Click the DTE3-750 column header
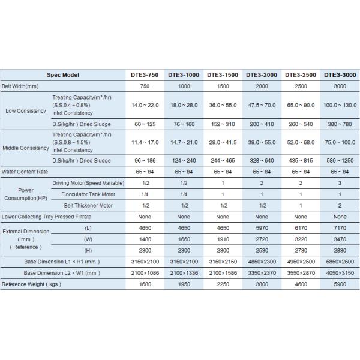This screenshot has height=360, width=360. coord(145,75)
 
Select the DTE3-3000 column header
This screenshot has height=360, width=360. coord(340,75)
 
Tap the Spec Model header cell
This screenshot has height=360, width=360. coord(62,75)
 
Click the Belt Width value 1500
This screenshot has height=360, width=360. coord(222,86)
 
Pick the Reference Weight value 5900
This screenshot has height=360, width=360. coord(340,284)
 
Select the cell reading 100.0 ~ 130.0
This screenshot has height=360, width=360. coord(340,105)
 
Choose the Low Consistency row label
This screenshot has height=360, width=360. coord(26,111)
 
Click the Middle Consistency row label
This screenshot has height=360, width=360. coord(26,148)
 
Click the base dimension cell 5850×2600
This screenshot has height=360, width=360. coord(340,261)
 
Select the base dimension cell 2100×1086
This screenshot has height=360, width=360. coord(145,272)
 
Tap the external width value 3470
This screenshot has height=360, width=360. coord(340,239)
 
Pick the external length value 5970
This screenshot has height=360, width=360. coord(262,227)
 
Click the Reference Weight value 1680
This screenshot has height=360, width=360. coord(145,284)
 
